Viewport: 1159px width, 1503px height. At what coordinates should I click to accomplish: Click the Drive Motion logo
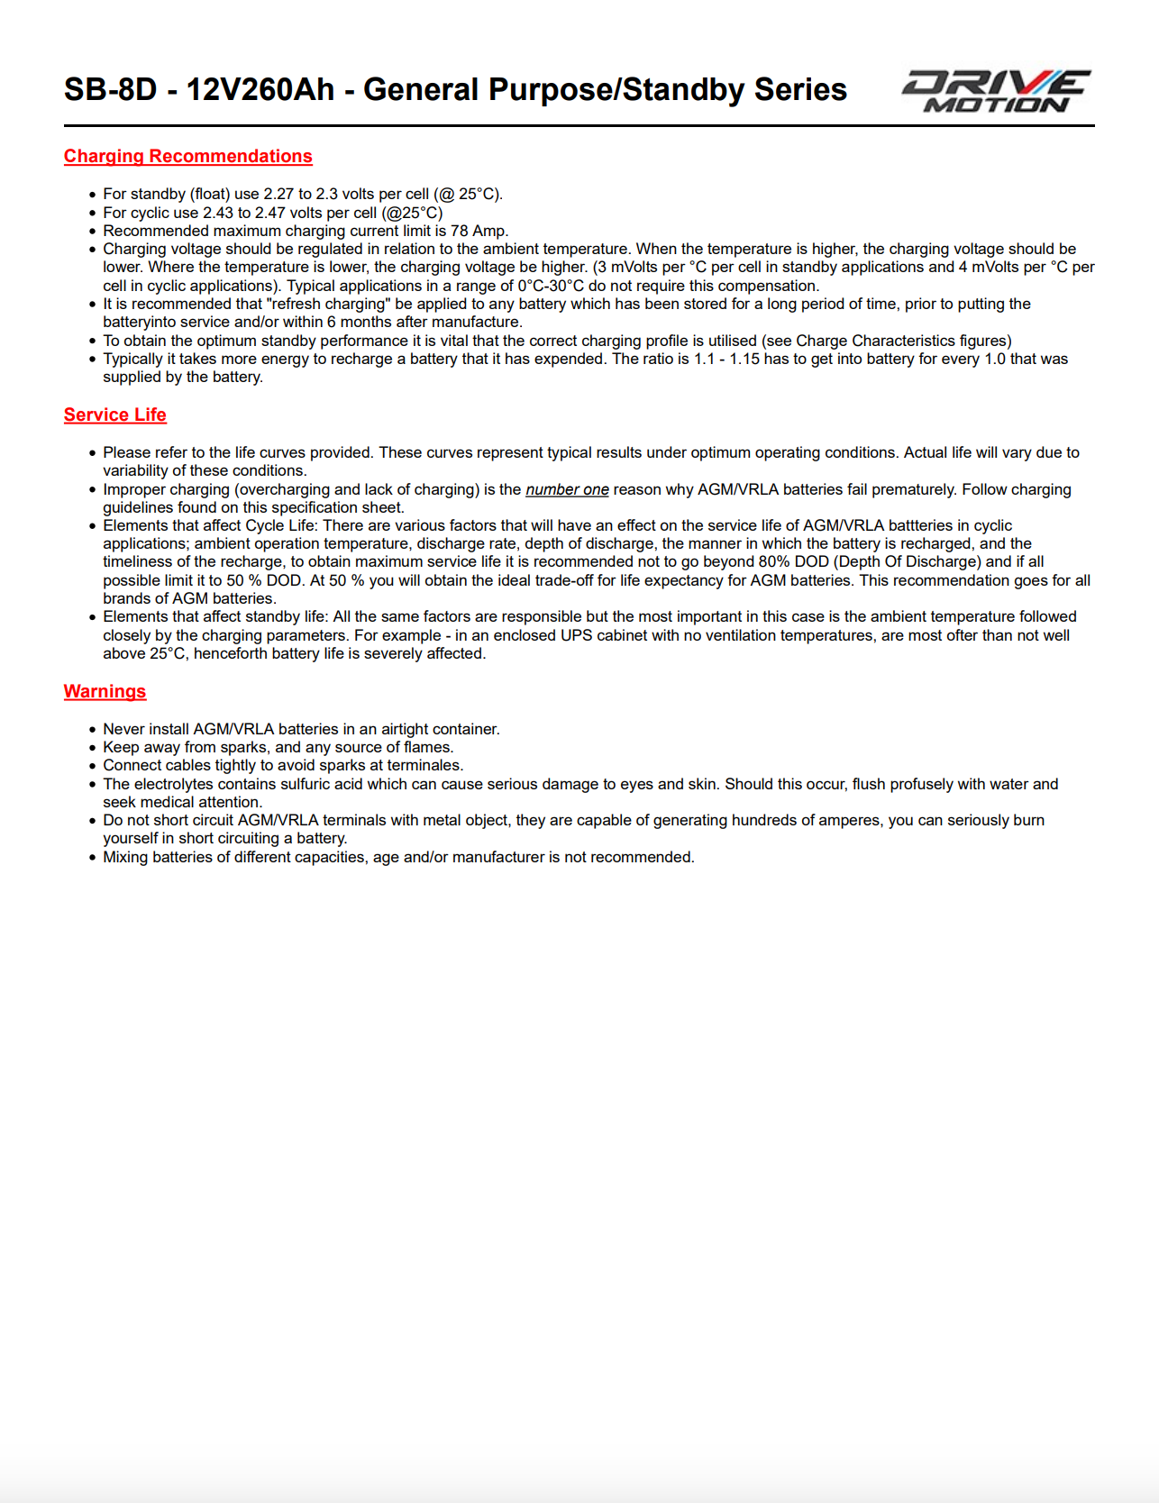996,91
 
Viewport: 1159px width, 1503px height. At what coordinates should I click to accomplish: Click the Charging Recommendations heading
187,156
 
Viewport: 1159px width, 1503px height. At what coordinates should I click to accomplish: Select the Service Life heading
114,414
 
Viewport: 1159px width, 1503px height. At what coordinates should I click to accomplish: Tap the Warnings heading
105,691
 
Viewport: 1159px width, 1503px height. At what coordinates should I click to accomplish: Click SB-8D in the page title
110,90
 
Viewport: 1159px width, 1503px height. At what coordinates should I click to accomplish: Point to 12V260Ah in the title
260,90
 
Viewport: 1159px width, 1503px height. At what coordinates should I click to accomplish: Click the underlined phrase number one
567,489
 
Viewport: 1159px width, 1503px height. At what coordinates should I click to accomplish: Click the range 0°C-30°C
551,286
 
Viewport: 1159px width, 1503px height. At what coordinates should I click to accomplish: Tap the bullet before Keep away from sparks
92,748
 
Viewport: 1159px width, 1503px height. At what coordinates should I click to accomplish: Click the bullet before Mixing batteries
92,858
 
